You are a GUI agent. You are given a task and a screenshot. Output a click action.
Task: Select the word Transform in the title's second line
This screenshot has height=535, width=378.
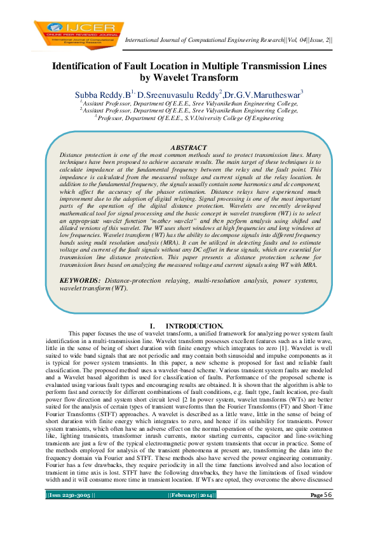[217, 79]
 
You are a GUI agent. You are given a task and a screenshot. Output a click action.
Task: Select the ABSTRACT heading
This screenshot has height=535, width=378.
[189, 147]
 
